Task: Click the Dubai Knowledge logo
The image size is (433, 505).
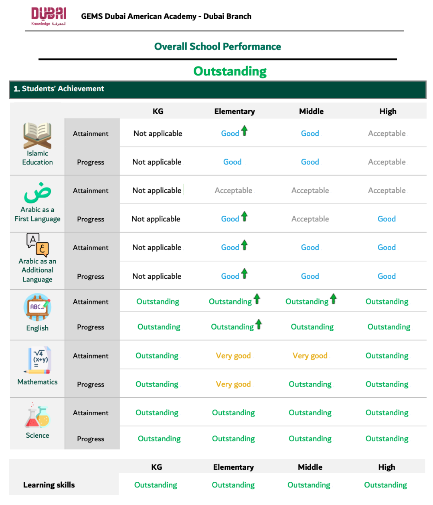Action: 49,16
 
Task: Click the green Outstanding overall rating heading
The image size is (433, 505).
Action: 230,71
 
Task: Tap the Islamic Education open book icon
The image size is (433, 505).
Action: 37,135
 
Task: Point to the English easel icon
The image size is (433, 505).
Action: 37,307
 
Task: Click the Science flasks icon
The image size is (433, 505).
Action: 37,416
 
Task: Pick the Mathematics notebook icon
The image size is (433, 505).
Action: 38,360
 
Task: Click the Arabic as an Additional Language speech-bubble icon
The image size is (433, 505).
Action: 37,244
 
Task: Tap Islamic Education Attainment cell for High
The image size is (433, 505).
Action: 386,133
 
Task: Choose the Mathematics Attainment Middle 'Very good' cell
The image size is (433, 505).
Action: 310,356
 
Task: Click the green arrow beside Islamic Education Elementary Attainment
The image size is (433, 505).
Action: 245,131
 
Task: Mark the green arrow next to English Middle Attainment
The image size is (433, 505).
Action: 333,299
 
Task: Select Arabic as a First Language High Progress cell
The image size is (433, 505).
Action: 386,219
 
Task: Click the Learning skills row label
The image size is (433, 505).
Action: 49,485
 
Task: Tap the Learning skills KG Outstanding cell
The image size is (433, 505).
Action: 156,485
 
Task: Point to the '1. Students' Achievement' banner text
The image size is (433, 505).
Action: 59,89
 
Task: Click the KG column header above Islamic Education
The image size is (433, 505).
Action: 158,111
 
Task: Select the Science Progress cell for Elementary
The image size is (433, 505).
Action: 233,439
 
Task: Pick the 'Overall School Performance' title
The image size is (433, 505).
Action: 217,46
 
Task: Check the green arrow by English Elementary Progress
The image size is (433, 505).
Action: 259,324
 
